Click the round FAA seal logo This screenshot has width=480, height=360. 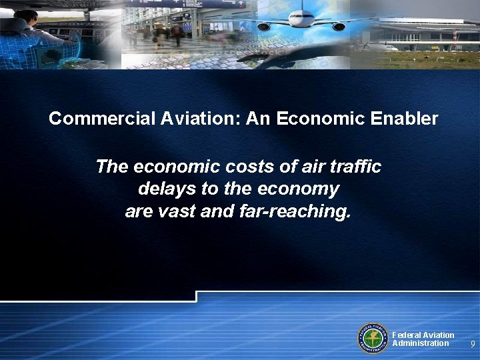pos(374,339)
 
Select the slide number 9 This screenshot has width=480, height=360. pos(472,344)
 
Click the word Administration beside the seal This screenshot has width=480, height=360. pos(420,343)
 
